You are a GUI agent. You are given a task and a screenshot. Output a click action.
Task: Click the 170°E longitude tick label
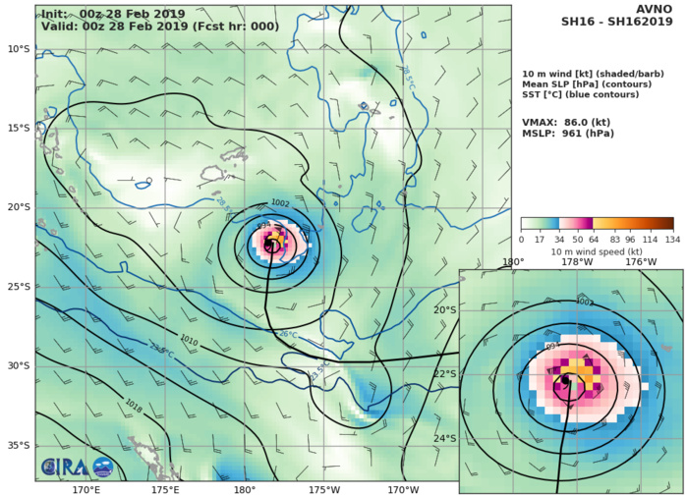tap(86, 489)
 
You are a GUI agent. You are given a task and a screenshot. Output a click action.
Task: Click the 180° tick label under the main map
tap(245, 489)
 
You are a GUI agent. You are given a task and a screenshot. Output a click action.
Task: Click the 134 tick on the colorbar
tap(673, 240)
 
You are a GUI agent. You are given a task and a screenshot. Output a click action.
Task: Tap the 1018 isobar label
tap(135, 403)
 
